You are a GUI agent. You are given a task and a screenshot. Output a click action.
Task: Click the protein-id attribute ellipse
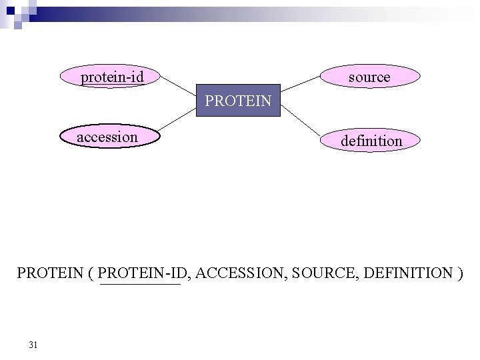pyautogui.click(x=112, y=77)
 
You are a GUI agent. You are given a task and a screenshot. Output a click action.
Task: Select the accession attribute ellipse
pyautogui.click(x=107, y=137)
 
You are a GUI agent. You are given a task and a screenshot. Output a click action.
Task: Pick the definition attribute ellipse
pyautogui.click(x=371, y=141)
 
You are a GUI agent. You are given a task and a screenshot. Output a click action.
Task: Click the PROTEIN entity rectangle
pyautogui.click(x=239, y=101)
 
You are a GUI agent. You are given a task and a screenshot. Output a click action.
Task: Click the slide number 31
pyautogui.click(x=33, y=345)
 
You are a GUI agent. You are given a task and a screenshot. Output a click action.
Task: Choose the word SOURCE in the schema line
pyautogui.click(x=325, y=273)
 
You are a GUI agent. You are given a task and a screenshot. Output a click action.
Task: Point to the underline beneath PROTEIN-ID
pyautogui.click(x=140, y=285)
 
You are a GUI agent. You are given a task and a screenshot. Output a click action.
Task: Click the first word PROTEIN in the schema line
pyautogui.click(x=51, y=273)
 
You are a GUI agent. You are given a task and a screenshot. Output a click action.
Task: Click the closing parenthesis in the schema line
pyautogui.click(x=461, y=273)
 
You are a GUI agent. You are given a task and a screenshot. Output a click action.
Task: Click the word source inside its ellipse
pyautogui.click(x=369, y=77)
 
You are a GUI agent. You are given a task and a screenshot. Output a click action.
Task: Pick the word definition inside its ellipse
pyautogui.click(x=371, y=141)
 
